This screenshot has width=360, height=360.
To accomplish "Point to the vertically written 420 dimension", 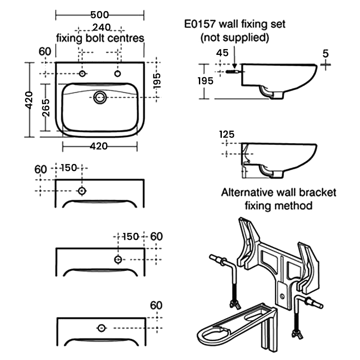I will point(28,100).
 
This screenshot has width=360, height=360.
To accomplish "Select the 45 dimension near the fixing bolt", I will point(222,53).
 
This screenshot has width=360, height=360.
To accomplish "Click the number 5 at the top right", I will point(325,53).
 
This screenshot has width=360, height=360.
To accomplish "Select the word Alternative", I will point(249,193).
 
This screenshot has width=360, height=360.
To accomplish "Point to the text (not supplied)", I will point(234,37).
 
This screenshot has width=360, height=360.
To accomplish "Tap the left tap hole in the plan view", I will point(82,73).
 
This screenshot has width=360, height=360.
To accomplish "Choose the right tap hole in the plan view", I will point(118,73).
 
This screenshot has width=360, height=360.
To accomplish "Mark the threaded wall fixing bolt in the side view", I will point(233,72).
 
